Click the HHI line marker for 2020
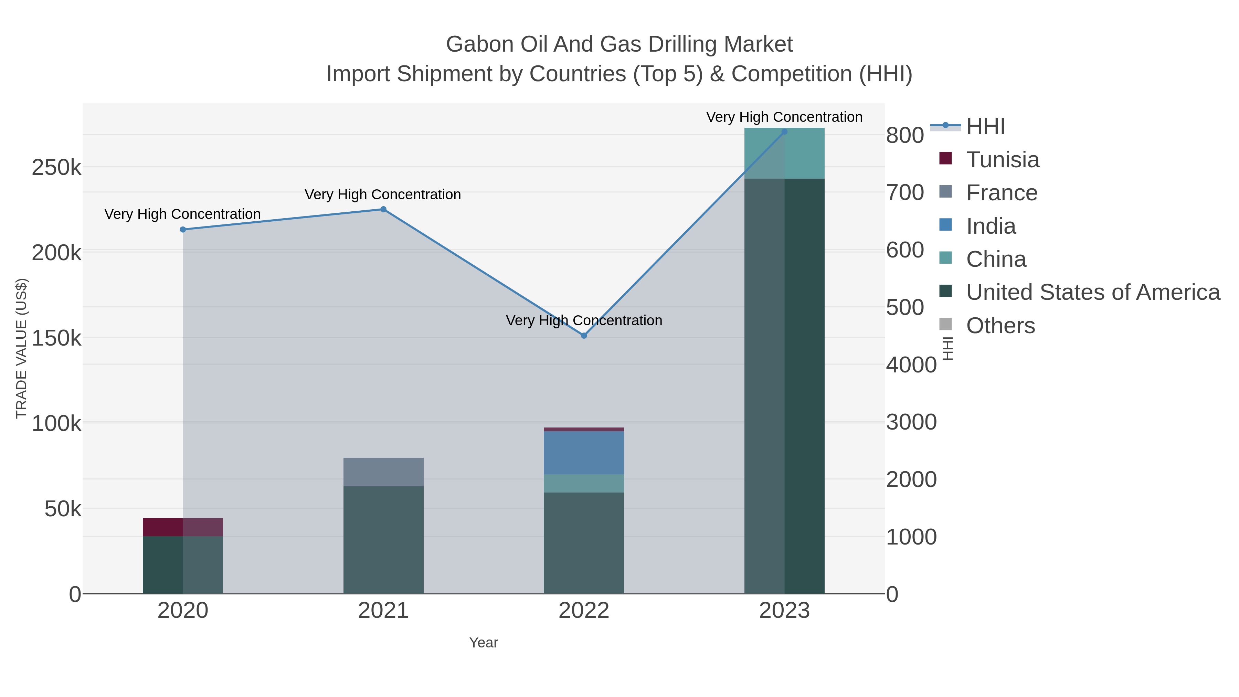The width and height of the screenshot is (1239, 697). point(183,230)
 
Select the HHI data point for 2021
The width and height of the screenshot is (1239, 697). point(383,209)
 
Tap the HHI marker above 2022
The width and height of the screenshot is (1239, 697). point(584,336)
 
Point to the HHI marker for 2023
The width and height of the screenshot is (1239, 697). point(784,132)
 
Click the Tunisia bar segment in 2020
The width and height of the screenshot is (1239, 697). point(183,527)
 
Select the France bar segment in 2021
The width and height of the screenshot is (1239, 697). point(383,472)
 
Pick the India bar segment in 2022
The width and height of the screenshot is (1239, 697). point(584,453)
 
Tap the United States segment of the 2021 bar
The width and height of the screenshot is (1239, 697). point(383,540)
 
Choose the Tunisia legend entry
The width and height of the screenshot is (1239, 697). point(1003,160)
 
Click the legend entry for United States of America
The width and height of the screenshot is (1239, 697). point(1093,292)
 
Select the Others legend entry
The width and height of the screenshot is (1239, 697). point(1000,326)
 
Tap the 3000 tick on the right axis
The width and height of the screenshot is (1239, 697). point(911,422)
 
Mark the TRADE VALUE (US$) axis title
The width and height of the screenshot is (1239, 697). point(22,348)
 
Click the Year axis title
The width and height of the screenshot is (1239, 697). point(484,643)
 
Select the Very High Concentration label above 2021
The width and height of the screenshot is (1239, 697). point(383,194)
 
